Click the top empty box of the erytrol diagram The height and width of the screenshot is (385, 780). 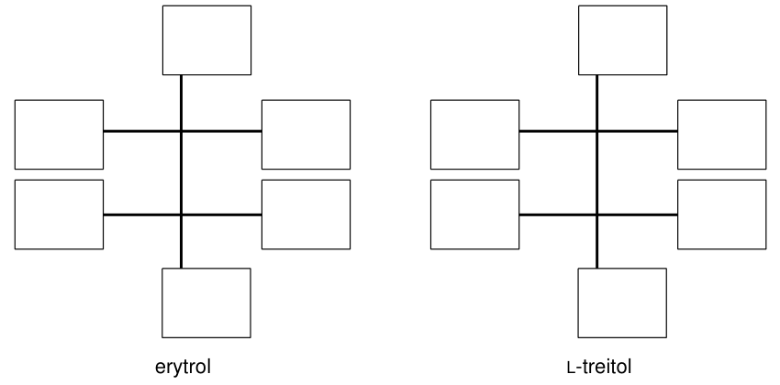coord(207,40)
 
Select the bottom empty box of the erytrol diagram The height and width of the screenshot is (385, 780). coord(206,303)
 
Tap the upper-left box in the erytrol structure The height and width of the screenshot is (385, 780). coord(60,135)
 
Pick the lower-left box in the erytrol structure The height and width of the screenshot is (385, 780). coord(60,214)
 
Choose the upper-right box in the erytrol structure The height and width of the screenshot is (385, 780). coord(306,135)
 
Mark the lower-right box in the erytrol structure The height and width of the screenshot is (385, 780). coord(306,214)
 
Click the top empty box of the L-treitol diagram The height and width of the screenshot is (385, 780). coord(623,40)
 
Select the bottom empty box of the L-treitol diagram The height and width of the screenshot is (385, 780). coord(622,303)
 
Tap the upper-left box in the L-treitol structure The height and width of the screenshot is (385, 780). coord(475,135)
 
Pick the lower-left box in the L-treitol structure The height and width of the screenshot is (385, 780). coord(475,214)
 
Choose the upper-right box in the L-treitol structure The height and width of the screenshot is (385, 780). coord(722,135)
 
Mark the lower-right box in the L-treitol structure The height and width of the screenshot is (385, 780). coord(722,214)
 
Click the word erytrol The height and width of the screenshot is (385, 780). coord(183,367)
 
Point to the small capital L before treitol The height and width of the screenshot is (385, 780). coord(571,368)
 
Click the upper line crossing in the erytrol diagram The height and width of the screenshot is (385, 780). coord(181,131)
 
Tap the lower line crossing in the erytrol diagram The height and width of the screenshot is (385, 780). coord(181,214)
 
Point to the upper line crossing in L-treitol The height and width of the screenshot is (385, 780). coord(597,131)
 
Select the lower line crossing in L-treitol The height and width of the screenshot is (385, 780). coord(597,214)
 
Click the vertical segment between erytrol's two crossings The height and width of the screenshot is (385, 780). coord(181,173)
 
